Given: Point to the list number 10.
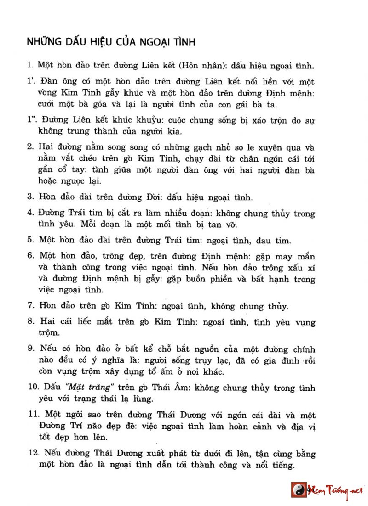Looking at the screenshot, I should pos(32,388).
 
